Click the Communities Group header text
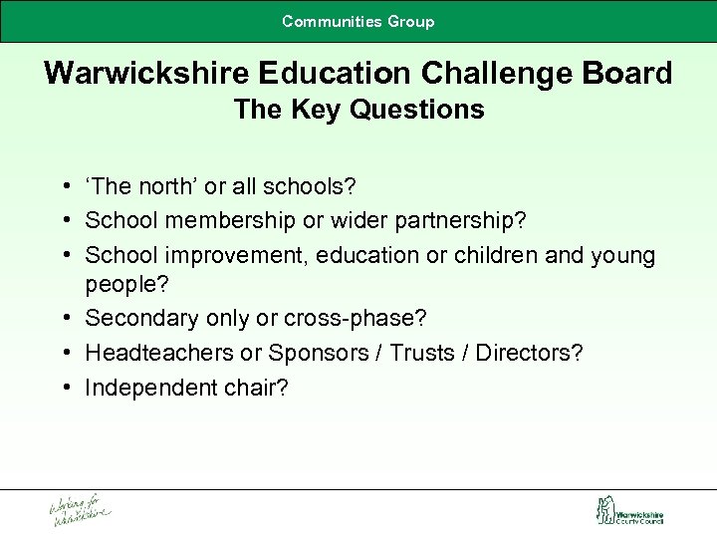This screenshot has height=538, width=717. [x=358, y=21]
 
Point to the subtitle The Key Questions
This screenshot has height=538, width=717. [x=358, y=110]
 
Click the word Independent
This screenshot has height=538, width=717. [x=146, y=387]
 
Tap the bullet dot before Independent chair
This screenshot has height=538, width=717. [x=65, y=387]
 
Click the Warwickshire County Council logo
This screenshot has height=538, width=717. [x=628, y=511]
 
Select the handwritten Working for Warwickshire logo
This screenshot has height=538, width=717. [x=81, y=509]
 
